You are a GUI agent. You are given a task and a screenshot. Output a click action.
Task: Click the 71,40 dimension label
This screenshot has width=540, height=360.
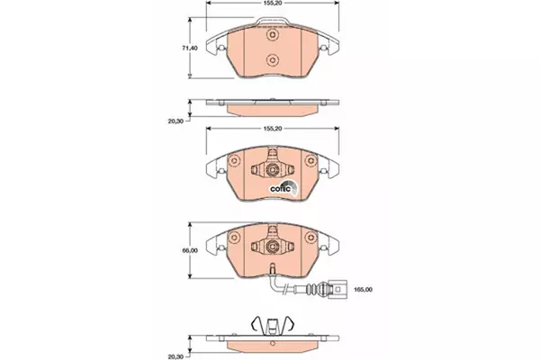click(190, 49)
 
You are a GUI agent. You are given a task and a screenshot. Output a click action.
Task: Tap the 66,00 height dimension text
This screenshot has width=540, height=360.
click(190, 250)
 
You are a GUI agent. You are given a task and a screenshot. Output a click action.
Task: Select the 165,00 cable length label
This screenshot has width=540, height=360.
click(364, 290)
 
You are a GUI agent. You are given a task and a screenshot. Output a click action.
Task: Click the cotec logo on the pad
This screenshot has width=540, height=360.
click(283, 187)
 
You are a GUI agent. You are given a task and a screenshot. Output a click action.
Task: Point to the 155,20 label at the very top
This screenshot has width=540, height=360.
click(273, 3)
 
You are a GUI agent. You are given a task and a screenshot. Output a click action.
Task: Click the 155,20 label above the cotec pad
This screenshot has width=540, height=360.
click(273, 129)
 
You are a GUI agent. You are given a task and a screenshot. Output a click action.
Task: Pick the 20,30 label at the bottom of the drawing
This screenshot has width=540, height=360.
click(175, 356)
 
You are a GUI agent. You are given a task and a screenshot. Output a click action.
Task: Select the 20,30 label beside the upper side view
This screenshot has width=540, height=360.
click(175, 121)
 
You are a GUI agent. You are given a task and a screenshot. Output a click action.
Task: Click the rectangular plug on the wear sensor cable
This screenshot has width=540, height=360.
click(337, 290)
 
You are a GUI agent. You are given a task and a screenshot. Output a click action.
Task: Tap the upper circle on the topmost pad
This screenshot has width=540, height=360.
click(272, 35)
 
